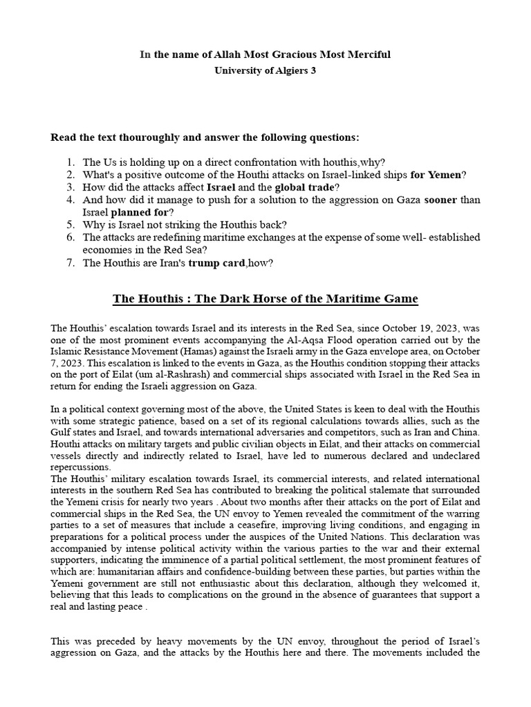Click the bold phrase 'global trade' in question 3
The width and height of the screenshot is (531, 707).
tap(304, 187)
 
